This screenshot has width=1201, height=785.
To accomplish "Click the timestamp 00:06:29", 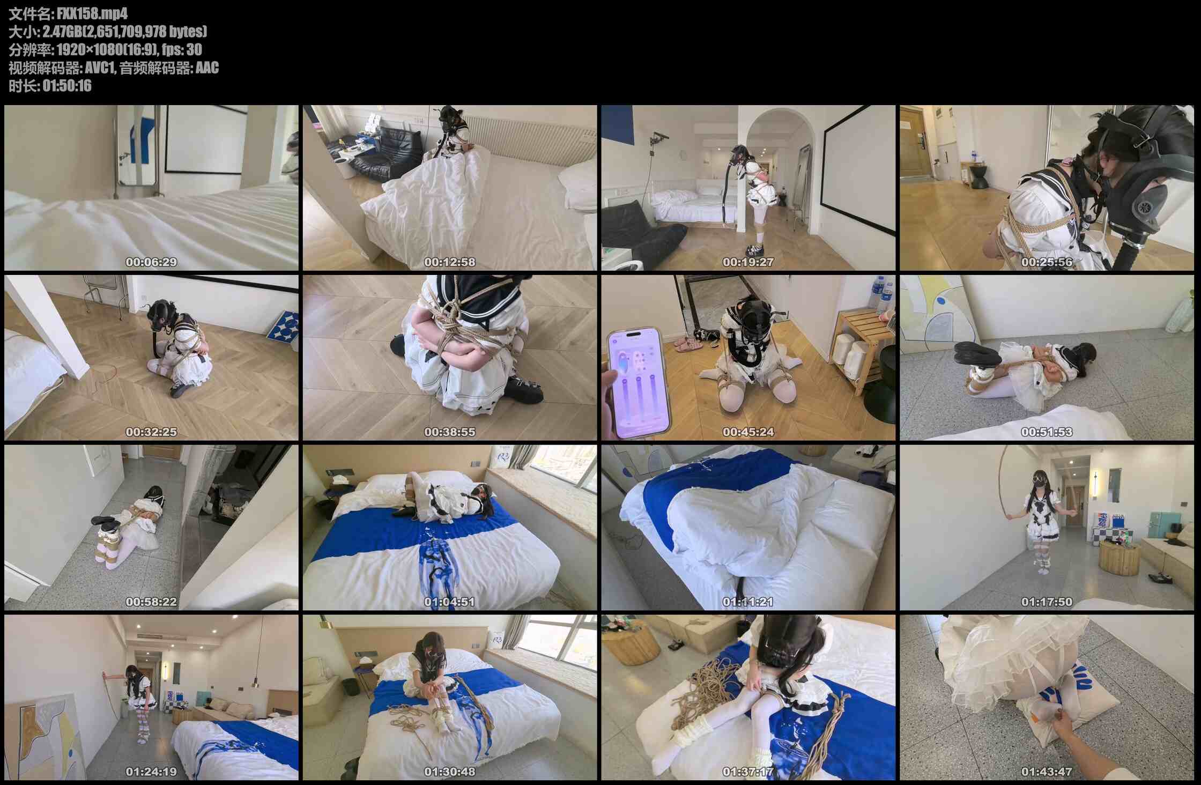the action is click(x=151, y=262).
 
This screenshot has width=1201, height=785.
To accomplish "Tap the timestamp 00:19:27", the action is click(x=748, y=262).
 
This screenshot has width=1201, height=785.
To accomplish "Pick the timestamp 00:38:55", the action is click(x=449, y=432).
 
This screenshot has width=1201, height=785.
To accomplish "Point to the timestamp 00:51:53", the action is click(x=1047, y=432).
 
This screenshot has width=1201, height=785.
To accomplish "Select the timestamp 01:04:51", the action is click(x=449, y=602).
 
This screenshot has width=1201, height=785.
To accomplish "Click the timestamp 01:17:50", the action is click(x=1047, y=602).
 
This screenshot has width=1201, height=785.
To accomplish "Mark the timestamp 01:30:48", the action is click(x=449, y=772).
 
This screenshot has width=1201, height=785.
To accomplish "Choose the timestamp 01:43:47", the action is click(x=1047, y=772).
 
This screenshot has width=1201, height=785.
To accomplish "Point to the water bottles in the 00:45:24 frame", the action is click(x=880, y=294).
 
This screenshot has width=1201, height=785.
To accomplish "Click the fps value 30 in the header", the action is click(x=194, y=50).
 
